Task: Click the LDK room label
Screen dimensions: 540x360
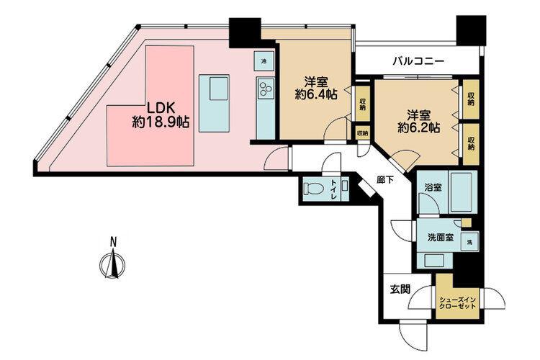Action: click(161, 108)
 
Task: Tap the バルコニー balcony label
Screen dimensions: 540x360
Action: click(419, 62)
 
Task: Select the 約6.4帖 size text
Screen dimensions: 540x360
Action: click(316, 94)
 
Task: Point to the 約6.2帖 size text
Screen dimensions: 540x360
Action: click(418, 128)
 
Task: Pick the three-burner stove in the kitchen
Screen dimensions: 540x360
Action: click(265, 88)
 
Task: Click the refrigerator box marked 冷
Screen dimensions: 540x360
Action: click(264, 61)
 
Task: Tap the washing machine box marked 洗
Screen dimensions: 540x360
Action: click(469, 241)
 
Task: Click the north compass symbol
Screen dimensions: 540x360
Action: click(112, 263)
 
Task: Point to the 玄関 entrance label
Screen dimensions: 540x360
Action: click(400, 289)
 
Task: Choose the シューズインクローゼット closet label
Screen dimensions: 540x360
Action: click(458, 303)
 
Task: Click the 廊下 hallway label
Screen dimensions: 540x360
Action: click(385, 179)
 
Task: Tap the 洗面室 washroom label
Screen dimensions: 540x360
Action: click(441, 238)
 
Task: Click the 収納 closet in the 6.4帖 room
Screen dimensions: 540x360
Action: click(362, 104)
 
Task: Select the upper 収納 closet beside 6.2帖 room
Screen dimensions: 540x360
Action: click(471, 99)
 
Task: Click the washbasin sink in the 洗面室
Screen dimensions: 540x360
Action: click(435, 261)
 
